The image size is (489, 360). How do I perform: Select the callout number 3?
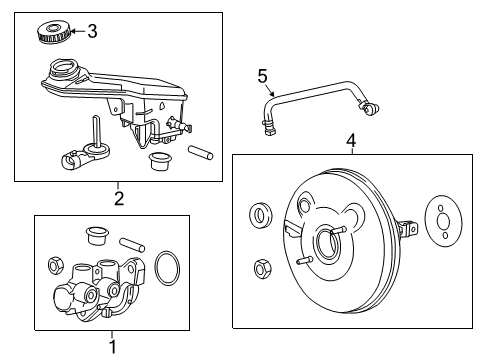pos(92,31)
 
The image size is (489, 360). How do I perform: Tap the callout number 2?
pos(118,198)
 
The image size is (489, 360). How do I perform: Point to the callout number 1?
pos(111,347)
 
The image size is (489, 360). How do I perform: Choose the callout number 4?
pos(351,141)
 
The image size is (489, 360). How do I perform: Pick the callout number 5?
pos(263,75)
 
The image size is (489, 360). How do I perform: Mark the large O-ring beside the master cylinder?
pos(170,270)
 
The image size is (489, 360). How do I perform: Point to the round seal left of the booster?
pos(259,214)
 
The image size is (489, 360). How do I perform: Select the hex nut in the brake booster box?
pos(261,268)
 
